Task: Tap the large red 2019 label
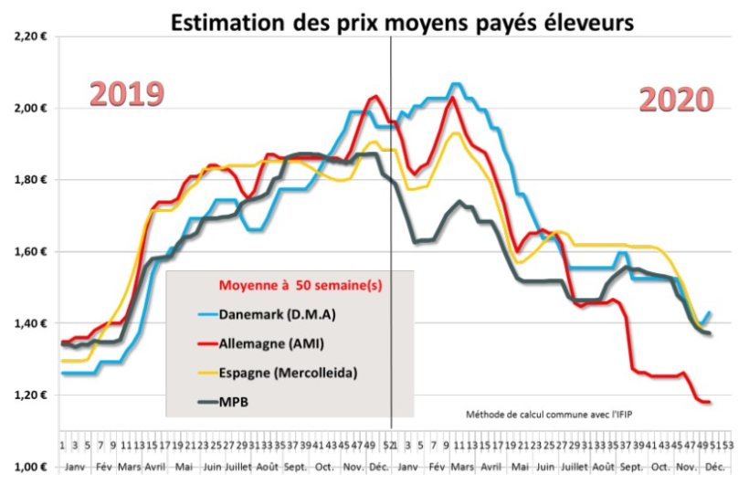click(x=126, y=94)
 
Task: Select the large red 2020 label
click(x=675, y=100)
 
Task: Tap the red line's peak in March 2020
click(x=453, y=98)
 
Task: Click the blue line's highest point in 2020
click(x=455, y=84)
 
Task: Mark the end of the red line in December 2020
click(x=708, y=402)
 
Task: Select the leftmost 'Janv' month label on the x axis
click(x=74, y=467)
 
